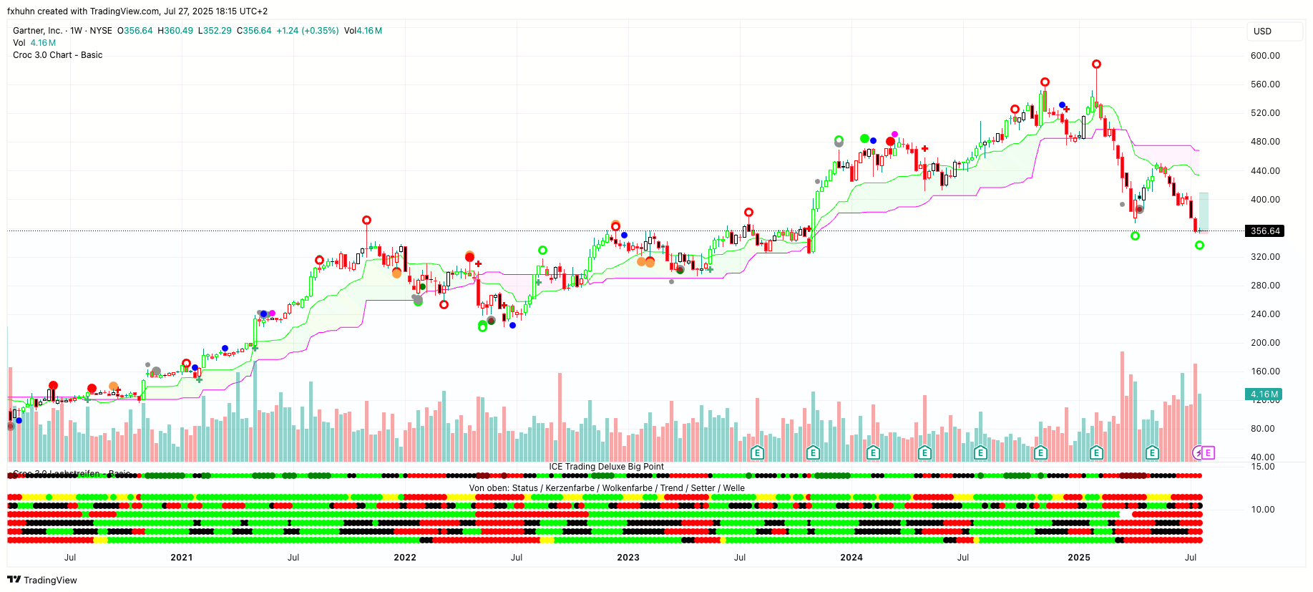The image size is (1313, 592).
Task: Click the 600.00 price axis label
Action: coord(1265,56)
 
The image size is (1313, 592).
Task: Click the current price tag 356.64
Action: coord(1265,231)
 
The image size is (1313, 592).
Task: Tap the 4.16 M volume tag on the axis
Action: coord(1264,394)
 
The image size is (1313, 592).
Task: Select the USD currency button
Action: coord(1262,31)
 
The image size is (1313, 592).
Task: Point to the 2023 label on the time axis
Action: coord(628,558)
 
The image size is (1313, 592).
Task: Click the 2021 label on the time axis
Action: coord(182,558)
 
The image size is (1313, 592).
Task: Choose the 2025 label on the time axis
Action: coord(1079,558)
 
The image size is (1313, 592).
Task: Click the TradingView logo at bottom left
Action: coord(42,580)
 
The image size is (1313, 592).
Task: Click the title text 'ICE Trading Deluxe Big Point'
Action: coord(606,467)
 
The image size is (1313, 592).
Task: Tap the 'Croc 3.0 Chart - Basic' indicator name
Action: coord(58,55)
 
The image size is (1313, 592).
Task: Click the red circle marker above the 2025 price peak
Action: coord(1096,64)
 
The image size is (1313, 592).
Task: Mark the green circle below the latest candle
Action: coord(1199,246)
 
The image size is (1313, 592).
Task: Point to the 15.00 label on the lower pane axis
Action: coord(1263,467)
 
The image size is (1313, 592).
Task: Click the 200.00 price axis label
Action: coord(1265,343)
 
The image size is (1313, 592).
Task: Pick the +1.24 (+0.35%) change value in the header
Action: coord(307,31)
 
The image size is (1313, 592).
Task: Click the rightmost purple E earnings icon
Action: coord(1208,452)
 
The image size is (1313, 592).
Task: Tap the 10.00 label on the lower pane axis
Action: coord(1263,510)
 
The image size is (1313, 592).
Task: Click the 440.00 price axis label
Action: coord(1265,171)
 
